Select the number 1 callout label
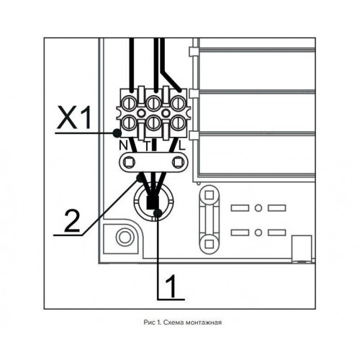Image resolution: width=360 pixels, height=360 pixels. (x=171, y=286)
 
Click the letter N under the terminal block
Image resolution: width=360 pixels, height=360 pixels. (x=123, y=145)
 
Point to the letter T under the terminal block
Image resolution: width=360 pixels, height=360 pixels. (x=147, y=145)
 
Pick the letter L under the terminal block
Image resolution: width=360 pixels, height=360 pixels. (x=182, y=145)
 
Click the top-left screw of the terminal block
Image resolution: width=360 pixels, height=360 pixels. (x=129, y=104)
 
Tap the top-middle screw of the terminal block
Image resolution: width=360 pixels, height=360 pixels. (x=153, y=104)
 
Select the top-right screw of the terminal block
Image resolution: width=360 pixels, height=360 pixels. (x=179, y=104)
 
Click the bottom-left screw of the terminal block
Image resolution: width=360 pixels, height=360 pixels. (x=129, y=122)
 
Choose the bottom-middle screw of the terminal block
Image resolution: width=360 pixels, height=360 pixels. (x=153, y=122)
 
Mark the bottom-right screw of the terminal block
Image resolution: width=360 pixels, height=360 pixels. (x=179, y=122)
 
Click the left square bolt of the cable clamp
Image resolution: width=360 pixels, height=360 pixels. (x=129, y=163)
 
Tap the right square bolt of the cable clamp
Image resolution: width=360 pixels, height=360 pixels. (x=179, y=163)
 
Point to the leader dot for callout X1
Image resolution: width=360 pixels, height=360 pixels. (x=117, y=132)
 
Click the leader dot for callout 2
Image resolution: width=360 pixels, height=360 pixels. (x=139, y=178)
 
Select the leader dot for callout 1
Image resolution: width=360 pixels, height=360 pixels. (x=158, y=212)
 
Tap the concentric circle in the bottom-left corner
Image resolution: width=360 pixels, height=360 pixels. (x=124, y=237)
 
